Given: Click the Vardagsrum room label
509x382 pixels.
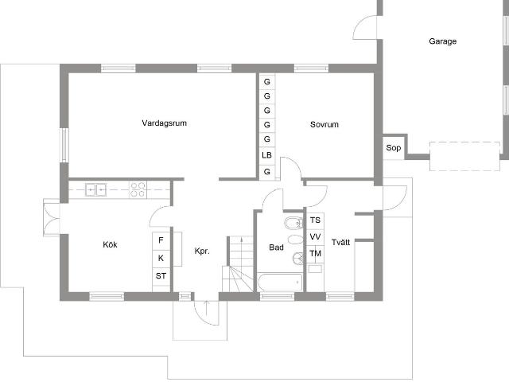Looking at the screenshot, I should click(165, 123).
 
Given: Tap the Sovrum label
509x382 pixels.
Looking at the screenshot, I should click(324, 125).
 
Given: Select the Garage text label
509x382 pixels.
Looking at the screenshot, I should click(442, 41).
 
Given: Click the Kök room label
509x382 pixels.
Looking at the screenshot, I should click(110, 244).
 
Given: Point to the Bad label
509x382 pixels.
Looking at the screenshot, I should click(276, 248).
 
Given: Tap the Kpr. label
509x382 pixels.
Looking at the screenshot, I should click(202, 251).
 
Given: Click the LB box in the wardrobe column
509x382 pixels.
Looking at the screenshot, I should click(267, 155).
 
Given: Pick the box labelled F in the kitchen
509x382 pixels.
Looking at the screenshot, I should click(161, 240).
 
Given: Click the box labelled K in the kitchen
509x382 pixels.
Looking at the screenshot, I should click(161, 258).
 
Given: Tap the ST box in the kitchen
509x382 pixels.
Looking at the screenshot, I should click(161, 276).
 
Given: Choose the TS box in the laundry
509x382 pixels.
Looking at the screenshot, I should click(315, 220).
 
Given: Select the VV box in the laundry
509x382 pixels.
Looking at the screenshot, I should click(315, 237).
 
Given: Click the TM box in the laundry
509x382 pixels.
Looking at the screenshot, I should click(315, 254).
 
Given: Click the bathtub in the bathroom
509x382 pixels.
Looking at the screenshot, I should click(279, 282).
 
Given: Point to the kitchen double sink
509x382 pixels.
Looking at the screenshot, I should click(96, 189).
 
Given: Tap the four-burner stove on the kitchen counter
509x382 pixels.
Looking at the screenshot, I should click(138, 189).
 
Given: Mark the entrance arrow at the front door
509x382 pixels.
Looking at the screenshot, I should click(206, 309).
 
